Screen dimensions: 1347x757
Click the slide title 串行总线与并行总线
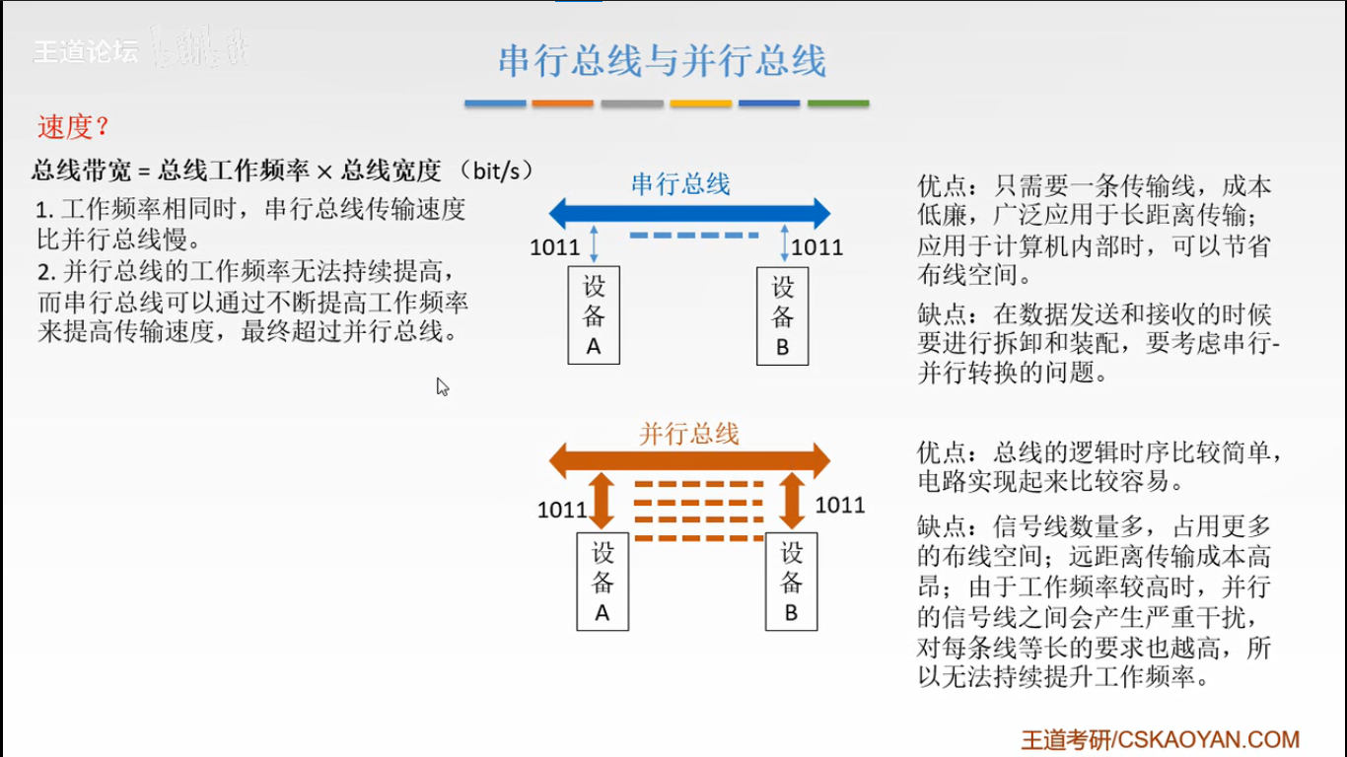coord(662,61)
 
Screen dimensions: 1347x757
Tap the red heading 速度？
coord(73,127)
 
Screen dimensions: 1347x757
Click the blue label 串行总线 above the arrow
coord(680,183)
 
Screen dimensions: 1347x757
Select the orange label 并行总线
coord(688,433)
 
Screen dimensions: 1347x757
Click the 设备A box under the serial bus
coord(594,315)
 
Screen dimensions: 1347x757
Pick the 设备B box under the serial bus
coord(782,315)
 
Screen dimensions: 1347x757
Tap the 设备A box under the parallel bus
coord(603,582)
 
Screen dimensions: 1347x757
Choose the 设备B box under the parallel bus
coord(791,582)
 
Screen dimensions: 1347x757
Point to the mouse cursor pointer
coord(442,385)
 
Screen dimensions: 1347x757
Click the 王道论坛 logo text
coord(87,52)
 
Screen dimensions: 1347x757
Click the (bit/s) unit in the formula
coord(503,171)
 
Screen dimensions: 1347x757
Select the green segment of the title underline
coord(838,103)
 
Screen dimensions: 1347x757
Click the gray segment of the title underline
coord(632,103)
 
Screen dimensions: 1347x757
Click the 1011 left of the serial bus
coord(555,246)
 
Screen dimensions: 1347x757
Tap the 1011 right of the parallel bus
coord(840,506)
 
